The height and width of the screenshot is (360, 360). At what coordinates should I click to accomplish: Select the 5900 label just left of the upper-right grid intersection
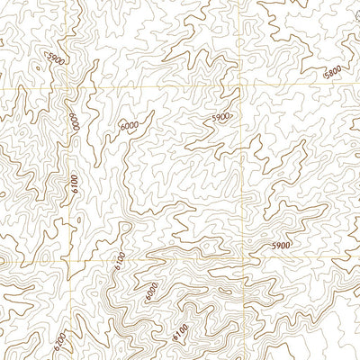coord(221,117)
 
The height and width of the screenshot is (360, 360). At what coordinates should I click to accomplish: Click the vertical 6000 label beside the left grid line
coord(73,120)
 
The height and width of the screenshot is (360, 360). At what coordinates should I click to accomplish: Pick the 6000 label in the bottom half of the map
coord(150,293)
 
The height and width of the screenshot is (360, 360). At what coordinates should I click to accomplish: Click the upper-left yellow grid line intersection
coord(68,89)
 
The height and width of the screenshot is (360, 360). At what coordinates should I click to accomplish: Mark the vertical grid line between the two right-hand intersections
coord(243,180)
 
